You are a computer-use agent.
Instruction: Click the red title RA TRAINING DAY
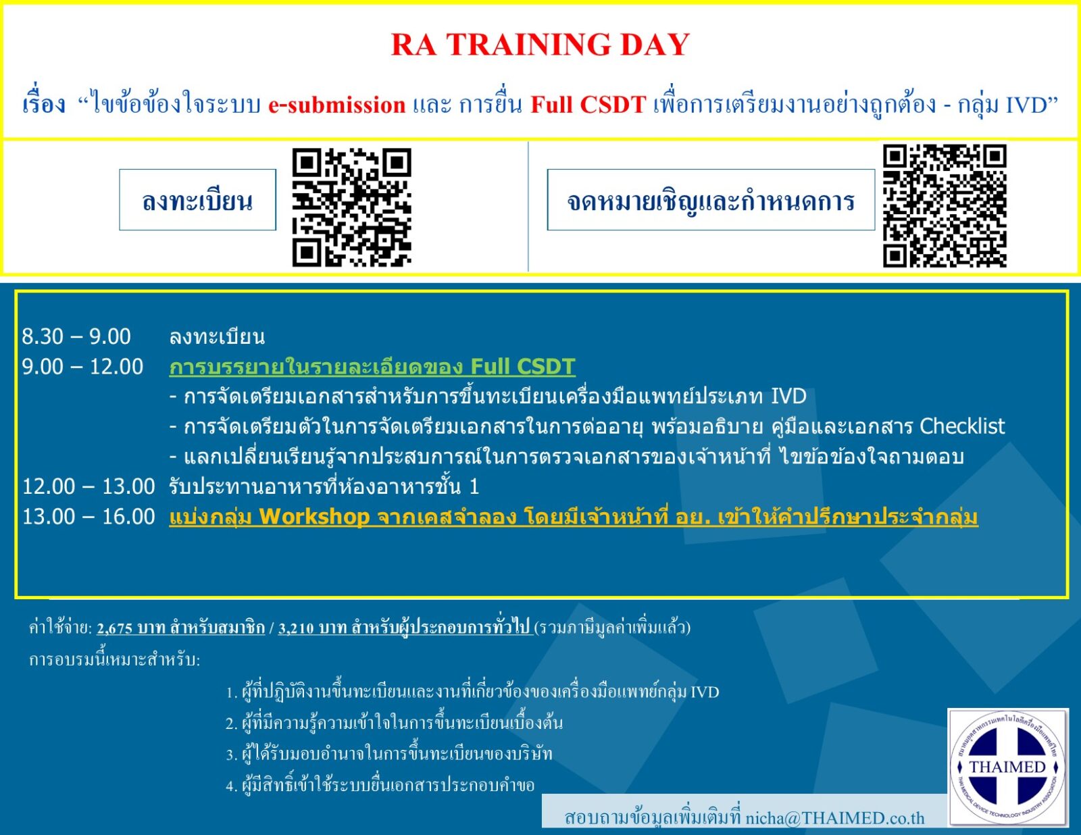point(540,45)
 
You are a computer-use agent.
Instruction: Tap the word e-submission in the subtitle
point(336,105)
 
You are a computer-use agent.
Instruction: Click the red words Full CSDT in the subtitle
point(588,105)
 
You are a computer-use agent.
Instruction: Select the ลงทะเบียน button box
point(197,200)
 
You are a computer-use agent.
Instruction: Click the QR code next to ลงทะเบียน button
point(351,207)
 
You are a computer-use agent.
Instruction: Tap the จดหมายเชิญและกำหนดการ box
point(710,200)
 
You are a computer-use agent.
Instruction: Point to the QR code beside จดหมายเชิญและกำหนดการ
point(944,205)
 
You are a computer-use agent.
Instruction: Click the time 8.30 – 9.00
point(76,336)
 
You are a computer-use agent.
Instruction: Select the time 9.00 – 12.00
point(82,367)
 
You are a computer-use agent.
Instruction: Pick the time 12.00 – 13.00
point(89,486)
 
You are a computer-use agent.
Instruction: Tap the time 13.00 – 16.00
point(89,517)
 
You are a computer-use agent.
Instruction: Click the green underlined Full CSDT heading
point(372,367)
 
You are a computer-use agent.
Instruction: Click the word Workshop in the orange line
point(314,517)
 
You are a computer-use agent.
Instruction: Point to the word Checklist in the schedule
point(962,426)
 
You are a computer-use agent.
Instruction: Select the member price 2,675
point(114,628)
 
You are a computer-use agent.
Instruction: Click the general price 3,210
point(296,628)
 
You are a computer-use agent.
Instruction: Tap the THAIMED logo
point(1007,767)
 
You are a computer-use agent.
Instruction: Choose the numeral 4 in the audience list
point(230,786)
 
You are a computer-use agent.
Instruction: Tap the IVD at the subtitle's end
point(1026,105)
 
